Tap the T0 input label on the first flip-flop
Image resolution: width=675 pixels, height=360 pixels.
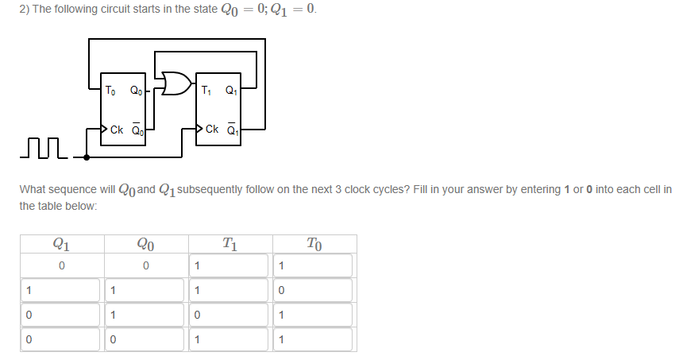click(x=112, y=90)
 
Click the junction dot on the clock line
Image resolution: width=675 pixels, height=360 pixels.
click(x=86, y=157)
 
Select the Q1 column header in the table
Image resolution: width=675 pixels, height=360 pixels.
click(x=60, y=244)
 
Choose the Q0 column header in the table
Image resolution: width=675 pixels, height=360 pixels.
click(x=145, y=244)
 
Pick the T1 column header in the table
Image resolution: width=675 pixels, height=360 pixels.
click(x=229, y=244)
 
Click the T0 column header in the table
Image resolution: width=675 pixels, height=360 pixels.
click(x=314, y=244)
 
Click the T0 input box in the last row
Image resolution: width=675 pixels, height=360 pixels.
click(x=314, y=340)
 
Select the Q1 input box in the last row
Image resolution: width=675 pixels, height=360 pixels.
click(x=60, y=340)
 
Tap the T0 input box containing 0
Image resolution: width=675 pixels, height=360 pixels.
click(x=314, y=290)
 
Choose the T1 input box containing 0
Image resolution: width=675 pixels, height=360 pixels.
click(x=229, y=315)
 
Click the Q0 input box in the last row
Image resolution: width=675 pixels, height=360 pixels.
click(x=145, y=340)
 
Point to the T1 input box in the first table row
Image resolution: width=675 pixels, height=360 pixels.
click(x=229, y=265)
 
